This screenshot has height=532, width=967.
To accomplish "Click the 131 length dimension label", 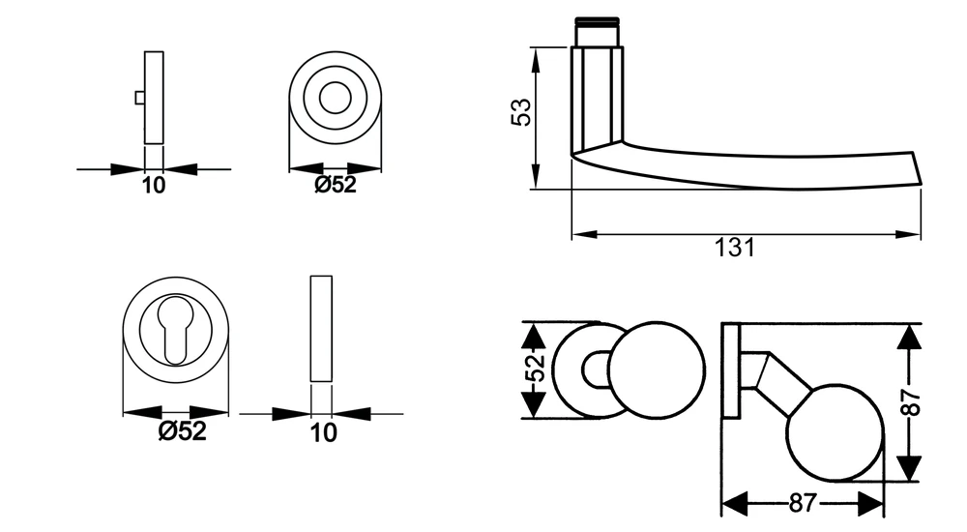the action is click(x=734, y=248).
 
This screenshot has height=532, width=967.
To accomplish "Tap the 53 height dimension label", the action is click(x=521, y=112).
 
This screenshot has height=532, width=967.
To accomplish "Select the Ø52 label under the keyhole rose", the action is click(x=182, y=430).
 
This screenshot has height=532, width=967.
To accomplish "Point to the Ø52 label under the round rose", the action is click(x=335, y=184).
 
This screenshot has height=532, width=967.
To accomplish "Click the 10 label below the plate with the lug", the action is click(x=154, y=185).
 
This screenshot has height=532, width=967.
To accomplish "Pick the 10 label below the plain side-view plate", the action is click(x=323, y=432).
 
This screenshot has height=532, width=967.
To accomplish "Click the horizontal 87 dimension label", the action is click(x=803, y=503).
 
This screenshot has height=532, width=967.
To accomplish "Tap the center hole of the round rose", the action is click(x=335, y=98).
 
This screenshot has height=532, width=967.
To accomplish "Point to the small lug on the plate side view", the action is click(x=140, y=98).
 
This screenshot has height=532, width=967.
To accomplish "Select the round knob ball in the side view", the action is click(x=835, y=432).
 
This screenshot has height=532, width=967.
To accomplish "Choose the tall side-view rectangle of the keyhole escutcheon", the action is click(x=321, y=329).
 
